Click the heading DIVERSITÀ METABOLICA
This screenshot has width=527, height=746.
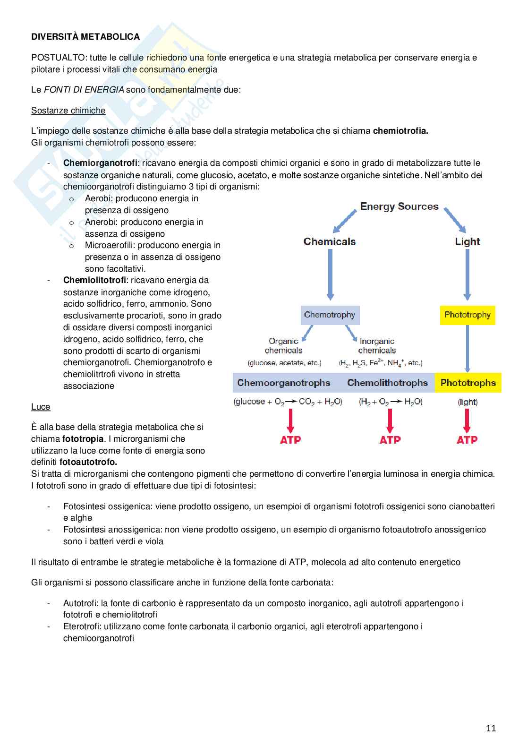pos(85,37)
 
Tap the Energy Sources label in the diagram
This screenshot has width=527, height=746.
pos(399,206)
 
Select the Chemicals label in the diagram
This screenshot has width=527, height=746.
pos(330,241)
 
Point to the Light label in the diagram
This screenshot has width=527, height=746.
pos(467,241)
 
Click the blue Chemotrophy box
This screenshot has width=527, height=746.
pos(330,315)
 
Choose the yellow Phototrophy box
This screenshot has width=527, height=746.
pos(467,315)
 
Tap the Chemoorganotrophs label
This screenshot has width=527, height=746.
pos(284,383)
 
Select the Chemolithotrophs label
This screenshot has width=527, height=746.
pos(387,383)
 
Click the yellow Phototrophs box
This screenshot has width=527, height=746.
pos(468,383)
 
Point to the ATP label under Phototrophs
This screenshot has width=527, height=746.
pos(467,440)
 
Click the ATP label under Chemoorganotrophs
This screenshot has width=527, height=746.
pos(290,440)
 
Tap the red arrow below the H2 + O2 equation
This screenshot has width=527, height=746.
pos(390,420)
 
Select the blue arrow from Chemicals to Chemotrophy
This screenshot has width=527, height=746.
pos(330,274)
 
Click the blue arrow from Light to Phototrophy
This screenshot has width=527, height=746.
pos(467,274)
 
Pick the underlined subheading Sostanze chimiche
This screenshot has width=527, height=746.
pos(68,111)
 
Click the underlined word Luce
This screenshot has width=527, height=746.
pos(41,407)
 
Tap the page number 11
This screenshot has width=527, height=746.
pos(491,728)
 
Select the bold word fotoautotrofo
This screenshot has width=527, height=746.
pos(88,462)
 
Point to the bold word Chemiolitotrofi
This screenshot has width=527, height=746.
pos(94,280)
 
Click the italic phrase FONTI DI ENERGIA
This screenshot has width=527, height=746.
pos(84,90)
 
